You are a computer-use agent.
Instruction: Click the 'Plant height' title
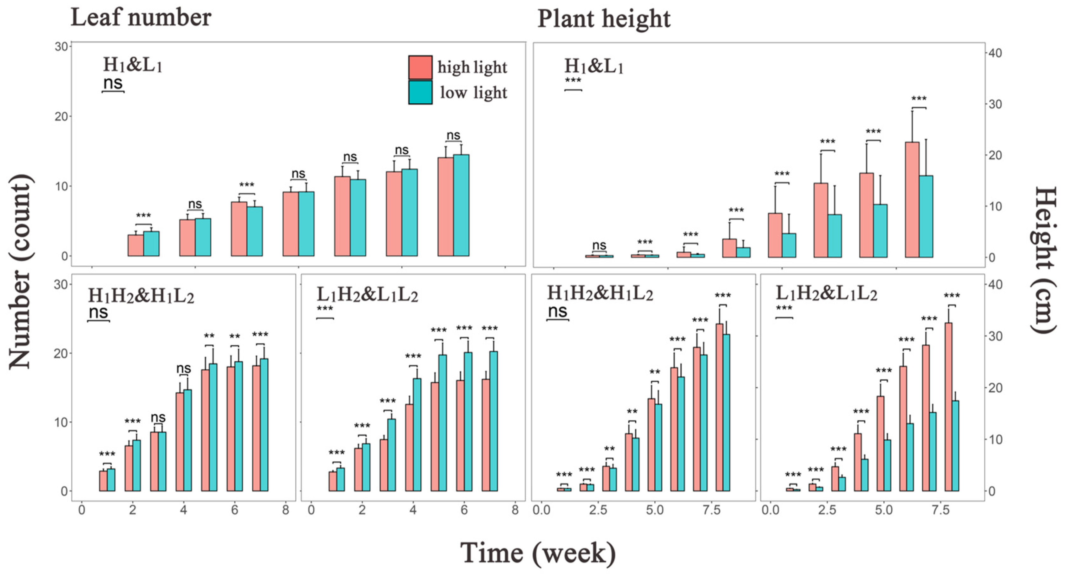pyautogui.click(x=604, y=19)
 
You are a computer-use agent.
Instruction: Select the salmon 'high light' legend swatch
pyautogui.click(x=420, y=67)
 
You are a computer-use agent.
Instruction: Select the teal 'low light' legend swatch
pyautogui.click(x=420, y=92)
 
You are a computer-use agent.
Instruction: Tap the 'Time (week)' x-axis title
pyautogui.click(x=538, y=553)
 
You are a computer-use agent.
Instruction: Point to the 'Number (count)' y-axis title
pyautogui.click(x=20, y=272)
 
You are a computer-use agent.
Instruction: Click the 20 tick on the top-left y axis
pyautogui.click(x=61, y=116)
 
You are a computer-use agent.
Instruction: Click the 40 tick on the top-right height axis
pyautogui.click(x=995, y=53)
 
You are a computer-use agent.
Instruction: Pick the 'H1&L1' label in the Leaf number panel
pyautogui.click(x=132, y=65)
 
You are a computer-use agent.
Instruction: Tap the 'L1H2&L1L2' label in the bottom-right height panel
pyautogui.click(x=826, y=294)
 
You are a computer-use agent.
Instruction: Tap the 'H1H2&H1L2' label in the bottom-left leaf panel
pyautogui.click(x=141, y=296)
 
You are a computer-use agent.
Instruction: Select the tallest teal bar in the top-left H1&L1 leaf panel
pyautogui.click(x=461, y=205)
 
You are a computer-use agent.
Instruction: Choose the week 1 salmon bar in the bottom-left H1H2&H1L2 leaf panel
pyautogui.click(x=103, y=481)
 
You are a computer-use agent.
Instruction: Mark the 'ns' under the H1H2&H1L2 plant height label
pyautogui.click(x=557, y=311)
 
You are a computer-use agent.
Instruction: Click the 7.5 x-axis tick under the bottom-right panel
pyautogui.click(x=940, y=510)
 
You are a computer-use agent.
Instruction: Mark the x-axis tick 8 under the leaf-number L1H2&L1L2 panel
pyautogui.click(x=515, y=510)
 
